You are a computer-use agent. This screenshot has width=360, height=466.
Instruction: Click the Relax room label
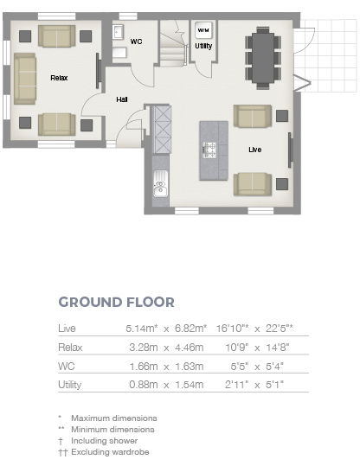59,78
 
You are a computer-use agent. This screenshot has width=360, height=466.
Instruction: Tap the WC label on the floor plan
136,41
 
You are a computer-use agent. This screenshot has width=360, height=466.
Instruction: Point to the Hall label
122,99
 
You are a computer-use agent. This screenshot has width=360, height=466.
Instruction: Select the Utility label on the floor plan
203,46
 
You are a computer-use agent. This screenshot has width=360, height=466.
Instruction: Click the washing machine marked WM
203,30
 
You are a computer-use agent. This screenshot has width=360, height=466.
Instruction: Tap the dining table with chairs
263,58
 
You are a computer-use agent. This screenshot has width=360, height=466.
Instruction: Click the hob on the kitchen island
209,150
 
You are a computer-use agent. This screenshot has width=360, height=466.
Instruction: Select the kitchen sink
160,183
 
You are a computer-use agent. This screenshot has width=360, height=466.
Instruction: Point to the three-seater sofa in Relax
25,79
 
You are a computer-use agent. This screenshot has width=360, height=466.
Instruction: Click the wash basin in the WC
118,32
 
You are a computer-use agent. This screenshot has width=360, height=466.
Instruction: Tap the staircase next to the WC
173,44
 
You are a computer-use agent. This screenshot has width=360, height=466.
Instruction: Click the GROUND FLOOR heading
116,303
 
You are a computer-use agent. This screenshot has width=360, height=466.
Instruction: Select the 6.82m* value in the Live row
190,329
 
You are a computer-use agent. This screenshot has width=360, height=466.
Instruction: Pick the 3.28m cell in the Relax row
144,348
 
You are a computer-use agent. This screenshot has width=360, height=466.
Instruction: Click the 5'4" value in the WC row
274,367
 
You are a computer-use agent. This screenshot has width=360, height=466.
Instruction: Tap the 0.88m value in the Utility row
144,385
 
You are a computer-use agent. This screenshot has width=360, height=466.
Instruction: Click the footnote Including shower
104,441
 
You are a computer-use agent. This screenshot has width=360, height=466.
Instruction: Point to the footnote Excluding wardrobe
110,452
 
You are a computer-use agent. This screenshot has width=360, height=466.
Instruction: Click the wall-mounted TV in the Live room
290,150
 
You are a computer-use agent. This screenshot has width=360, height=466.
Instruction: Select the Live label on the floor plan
255,150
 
